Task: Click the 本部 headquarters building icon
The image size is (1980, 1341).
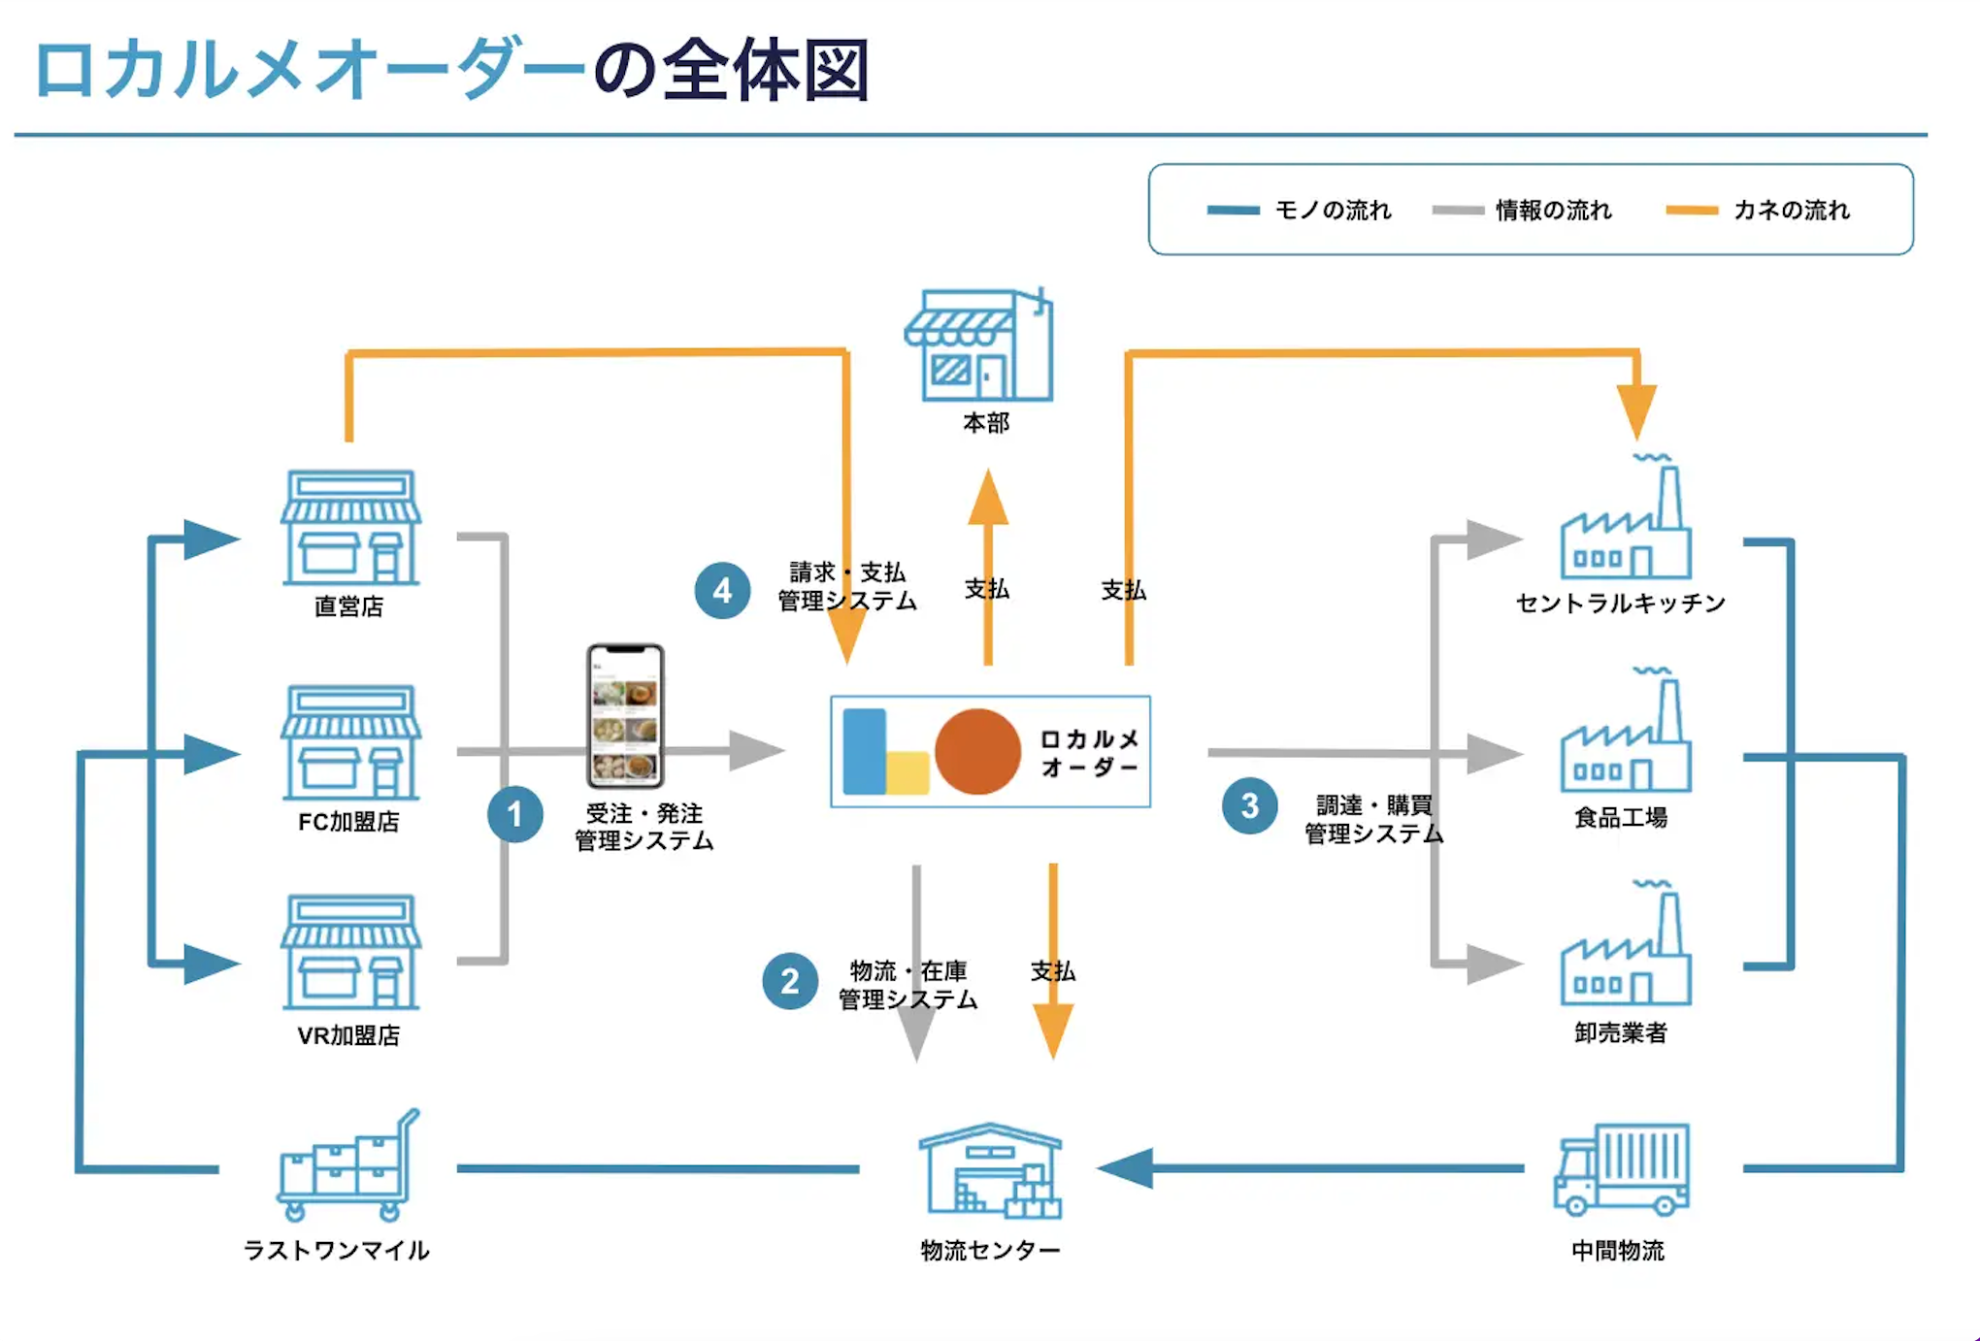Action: [979, 345]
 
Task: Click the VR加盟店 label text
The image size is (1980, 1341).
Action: [348, 1035]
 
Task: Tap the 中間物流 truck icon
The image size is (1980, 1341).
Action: [1621, 1169]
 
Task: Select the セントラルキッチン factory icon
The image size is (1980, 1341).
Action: [1626, 524]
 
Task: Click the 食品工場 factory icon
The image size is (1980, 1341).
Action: [1626, 737]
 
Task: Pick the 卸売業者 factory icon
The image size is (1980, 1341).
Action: [1626, 951]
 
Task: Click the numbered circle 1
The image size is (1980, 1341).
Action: [514, 814]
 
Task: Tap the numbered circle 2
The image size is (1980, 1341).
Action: [789, 981]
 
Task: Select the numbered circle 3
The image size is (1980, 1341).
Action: [1249, 805]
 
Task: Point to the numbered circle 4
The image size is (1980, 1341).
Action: [722, 590]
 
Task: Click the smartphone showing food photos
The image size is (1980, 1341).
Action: [625, 715]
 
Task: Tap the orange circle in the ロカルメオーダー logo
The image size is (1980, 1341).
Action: [977, 751]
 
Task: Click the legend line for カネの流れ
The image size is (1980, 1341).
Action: [1692, 211]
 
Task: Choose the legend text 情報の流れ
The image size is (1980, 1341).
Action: [1553, 211]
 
